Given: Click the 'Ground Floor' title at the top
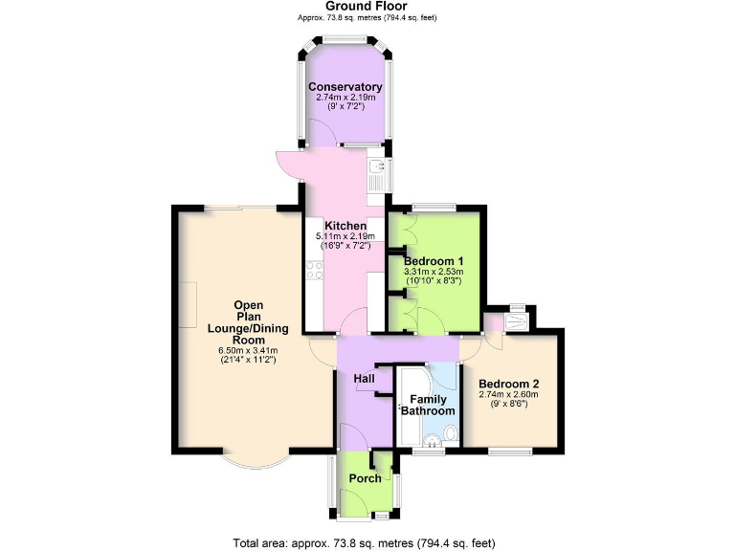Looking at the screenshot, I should coord(367,6).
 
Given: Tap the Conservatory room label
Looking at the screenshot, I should coord(344,87).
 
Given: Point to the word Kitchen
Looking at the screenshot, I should coord(345,226).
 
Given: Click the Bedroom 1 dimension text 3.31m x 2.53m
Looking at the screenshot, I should coord(434,272).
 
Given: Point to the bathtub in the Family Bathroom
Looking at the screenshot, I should coord(405,407).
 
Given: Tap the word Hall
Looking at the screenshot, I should coord(364,380).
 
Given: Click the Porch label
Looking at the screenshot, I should coord(365,478).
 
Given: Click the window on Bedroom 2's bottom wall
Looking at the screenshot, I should coord(509,450).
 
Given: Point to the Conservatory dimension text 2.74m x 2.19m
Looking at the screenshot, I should coord(344,98).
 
